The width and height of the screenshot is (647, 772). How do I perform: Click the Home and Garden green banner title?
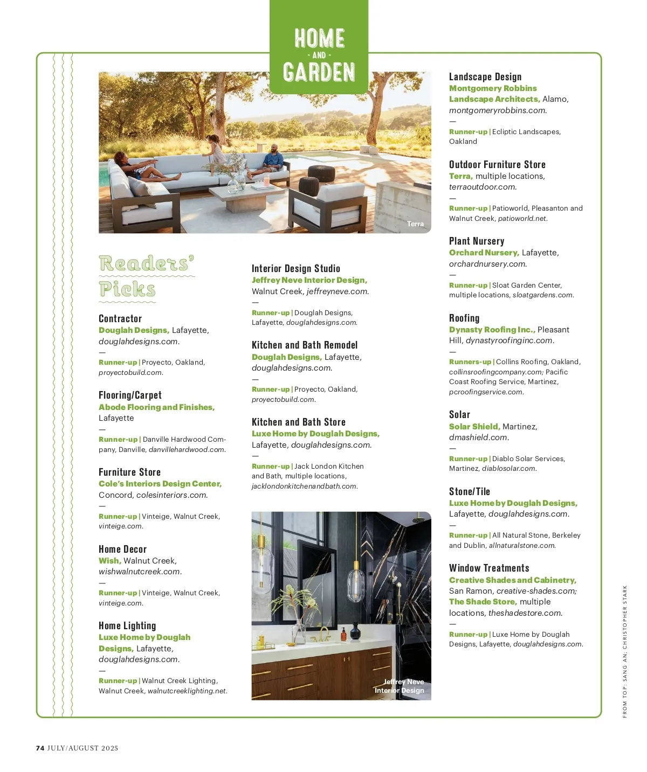[319, 55]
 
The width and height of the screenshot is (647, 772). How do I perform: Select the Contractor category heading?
[120, 318]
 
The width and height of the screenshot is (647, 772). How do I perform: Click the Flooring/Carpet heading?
[130, 395]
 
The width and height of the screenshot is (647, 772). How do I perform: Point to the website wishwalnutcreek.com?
[140, 572]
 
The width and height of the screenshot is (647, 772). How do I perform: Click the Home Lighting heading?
[127, 625]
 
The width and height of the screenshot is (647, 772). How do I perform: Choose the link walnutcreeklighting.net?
[187, 691]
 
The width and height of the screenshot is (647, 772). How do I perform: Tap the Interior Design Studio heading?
[295, 268]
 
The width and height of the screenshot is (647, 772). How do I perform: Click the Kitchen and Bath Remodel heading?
[305, 345]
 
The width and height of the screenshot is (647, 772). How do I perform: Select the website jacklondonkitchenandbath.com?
[305, 486]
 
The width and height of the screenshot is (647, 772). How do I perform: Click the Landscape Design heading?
[485, 76]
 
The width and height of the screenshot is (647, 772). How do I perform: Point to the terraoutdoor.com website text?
[483, 187]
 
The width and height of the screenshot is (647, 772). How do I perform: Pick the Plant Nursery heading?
[477, 241]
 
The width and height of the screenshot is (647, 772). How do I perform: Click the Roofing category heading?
[464, 318]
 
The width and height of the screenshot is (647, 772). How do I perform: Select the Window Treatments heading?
[489, 568]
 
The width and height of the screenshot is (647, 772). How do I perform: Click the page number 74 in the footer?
[40, 748]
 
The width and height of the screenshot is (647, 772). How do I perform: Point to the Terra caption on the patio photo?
[415, 224]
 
